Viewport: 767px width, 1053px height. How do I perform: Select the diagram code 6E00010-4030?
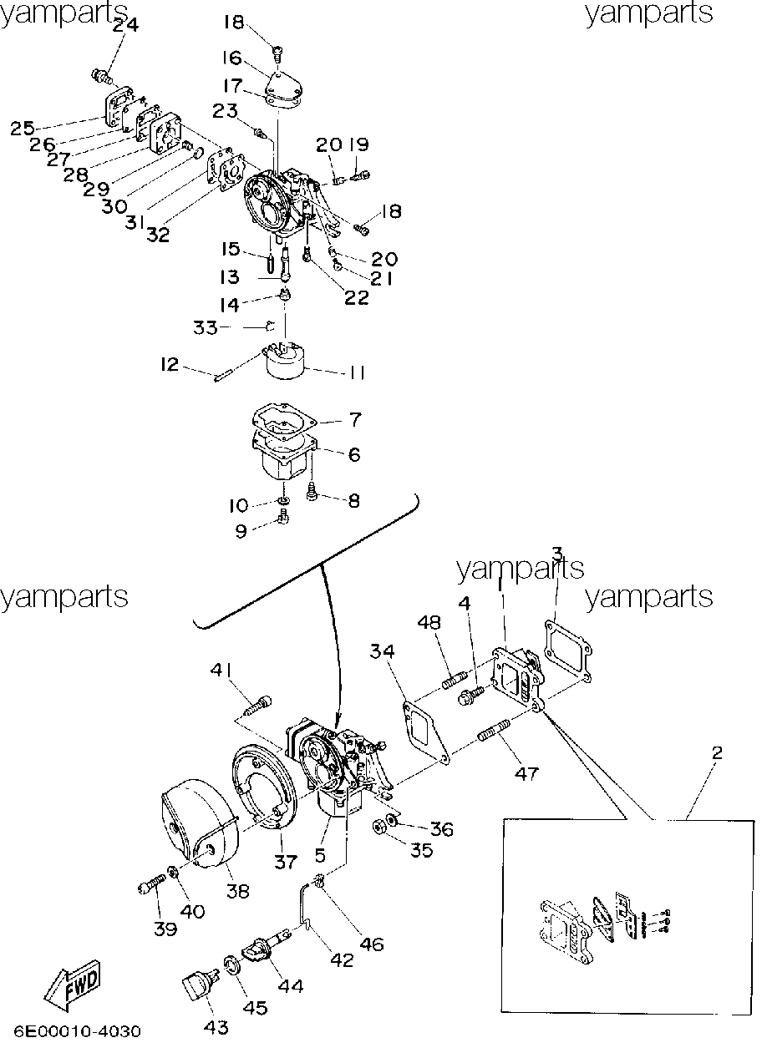coord(78,1032)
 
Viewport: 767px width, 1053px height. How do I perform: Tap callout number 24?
coord(125,24)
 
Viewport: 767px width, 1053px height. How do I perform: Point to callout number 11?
coord(357,372)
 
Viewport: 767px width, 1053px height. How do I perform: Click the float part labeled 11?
coord(285,361)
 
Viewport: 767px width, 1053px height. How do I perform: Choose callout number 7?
coord(355,420)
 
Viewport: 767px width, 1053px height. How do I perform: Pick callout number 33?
coord(206,327)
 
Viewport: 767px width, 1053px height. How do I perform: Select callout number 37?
coord(286,862)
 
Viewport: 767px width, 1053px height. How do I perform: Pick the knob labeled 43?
coord(201,988)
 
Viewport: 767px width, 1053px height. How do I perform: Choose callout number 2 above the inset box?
coord(717,753)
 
